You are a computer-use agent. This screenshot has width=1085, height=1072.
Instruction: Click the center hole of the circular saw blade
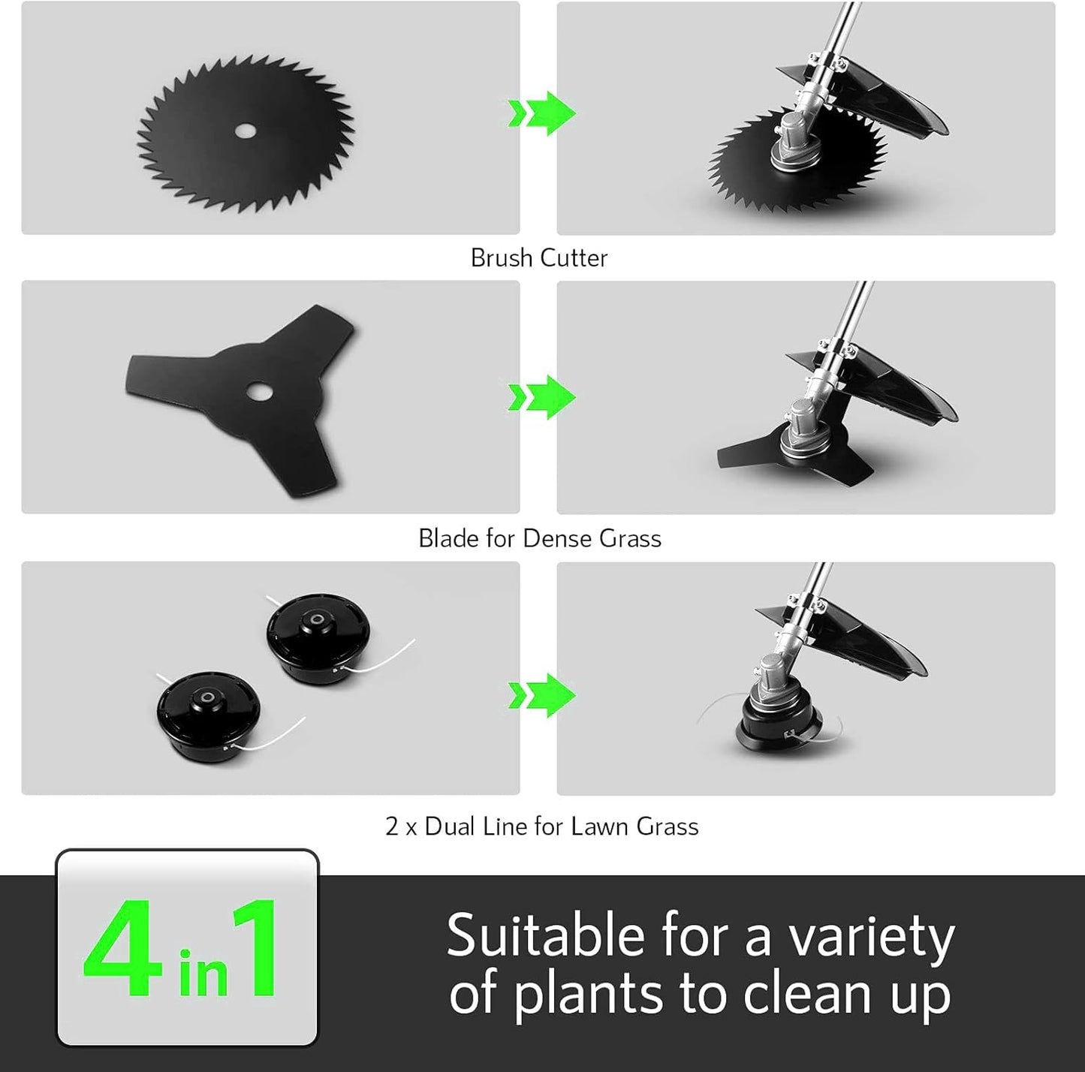click(245, 131)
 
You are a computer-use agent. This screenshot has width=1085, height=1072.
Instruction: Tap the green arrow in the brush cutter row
click(542, 113)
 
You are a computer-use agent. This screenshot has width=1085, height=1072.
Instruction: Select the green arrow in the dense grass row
click(542, 396)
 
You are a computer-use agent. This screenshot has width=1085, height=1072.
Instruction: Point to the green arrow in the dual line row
click(542, 695)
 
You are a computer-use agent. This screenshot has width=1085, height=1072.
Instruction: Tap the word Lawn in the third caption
click(600, 827)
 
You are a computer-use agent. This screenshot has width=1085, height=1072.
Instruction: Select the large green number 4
click(124, 949)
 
